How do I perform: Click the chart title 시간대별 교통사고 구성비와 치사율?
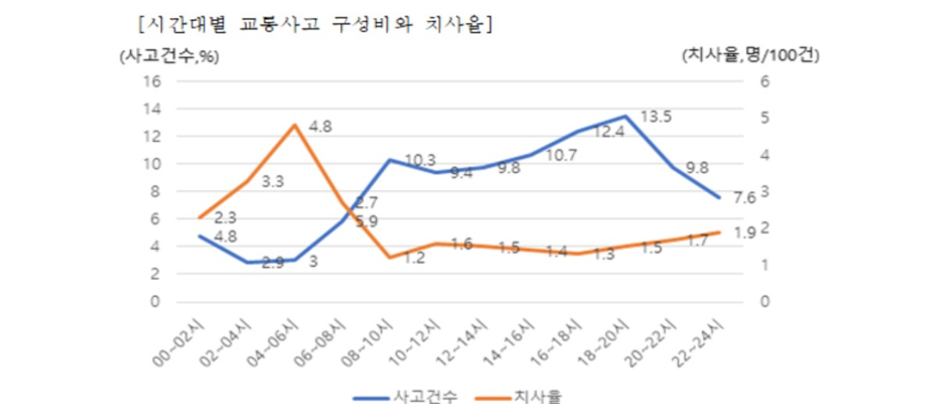(x=314, y=26)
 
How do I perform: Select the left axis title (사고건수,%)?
(x=170, y=56)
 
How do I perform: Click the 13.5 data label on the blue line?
(x=656, y=117)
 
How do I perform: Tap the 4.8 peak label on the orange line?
(x=321, y=127)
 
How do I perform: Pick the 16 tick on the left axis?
(x=152, y=81)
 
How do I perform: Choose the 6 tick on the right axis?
(x=765, y=81)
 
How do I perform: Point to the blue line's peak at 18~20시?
(x=625, y=116)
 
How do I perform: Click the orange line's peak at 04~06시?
(x=295, y=125)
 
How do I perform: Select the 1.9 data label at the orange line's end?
(x=744, y=233)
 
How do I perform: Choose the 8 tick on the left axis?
(x=156, y=192)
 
